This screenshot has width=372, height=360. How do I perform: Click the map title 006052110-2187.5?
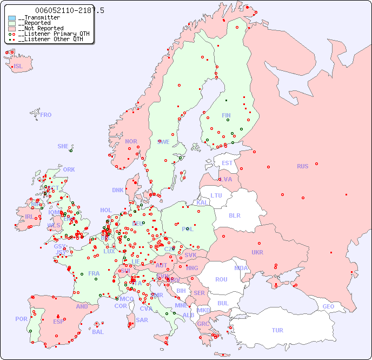coord(70,10)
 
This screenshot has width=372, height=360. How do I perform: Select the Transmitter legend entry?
coord(39,18)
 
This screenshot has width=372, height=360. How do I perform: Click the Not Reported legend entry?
coord(41,28)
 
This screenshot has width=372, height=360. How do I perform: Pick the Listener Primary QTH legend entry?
coord(49,34)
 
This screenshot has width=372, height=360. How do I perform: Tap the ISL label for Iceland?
coord(18,67)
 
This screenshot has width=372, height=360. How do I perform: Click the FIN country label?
coord(226,115)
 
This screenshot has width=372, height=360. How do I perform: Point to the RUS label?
coord(302,166)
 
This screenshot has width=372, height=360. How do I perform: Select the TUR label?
coord(277,330)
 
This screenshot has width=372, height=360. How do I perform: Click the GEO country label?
coord(328,306)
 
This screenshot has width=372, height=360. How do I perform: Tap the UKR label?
coord(257,252)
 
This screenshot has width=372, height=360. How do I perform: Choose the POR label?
coord(21,319)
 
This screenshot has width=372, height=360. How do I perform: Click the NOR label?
coord(131,141)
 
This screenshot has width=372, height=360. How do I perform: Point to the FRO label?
coord(46,115)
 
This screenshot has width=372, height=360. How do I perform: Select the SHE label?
coord(63,146)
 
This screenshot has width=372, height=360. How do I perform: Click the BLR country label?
coord(234,215)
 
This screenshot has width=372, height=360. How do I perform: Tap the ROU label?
coord(221,279)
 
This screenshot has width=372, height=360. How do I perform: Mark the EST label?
coord(227,163)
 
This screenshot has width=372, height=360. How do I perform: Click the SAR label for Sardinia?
coord(142,320)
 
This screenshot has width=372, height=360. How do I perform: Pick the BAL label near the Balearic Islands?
coord(97,332)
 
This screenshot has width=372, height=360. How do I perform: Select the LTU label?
coord(216,195)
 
